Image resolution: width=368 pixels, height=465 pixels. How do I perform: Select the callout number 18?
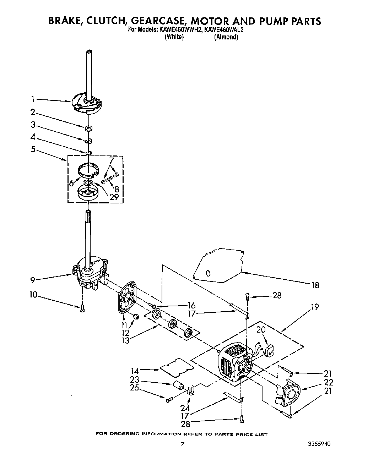point(315,285)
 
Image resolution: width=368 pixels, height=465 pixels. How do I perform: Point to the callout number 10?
point(34,294)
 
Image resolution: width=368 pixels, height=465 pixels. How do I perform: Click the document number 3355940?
point(321,444)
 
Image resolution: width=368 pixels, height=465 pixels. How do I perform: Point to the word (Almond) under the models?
point(226,37)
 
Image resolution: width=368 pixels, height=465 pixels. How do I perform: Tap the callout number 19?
point(315,307)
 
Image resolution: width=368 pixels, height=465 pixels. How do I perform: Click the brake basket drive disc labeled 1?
point(86,103)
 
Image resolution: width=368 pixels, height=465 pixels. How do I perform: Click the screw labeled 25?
point(169,399)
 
